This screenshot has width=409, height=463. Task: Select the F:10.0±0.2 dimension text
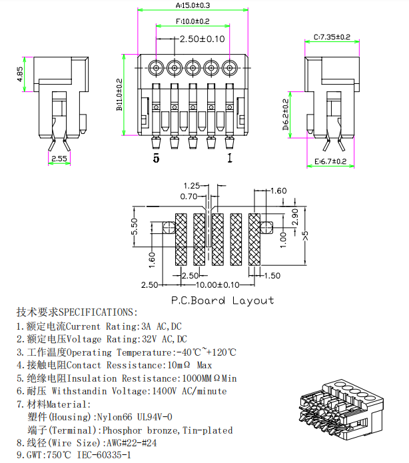(193, 21)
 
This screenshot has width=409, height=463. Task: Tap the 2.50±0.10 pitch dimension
(202, 39)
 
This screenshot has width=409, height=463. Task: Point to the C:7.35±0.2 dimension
(332, 37)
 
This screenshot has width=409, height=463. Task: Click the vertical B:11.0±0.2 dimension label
(120, 94)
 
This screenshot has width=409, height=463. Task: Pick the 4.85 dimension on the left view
(21, 73)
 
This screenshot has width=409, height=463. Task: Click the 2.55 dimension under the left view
(59, 159)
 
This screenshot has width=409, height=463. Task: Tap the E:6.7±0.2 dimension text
(330, 162)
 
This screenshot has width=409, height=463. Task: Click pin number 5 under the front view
(157, 158)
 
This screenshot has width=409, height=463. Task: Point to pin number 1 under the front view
(230, 158)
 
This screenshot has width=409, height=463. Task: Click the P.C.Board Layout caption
(222, 300)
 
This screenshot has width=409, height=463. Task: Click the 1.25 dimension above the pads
(192, 186)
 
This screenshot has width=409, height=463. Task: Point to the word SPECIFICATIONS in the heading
(98, 312)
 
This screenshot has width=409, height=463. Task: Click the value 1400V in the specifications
(169, 391)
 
